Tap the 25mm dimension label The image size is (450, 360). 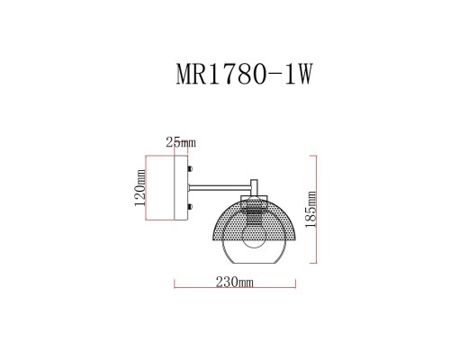coord(181,141)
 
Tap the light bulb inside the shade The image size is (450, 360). coord(257,237)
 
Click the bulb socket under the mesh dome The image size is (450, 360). coord(257,215)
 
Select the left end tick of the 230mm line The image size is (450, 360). coord(173,288)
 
